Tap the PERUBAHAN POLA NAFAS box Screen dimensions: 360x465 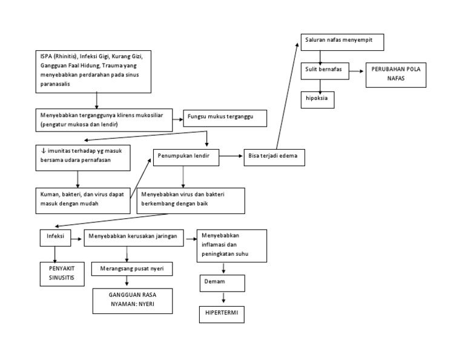pos(396,75)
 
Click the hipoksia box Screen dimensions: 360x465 pos(318,99)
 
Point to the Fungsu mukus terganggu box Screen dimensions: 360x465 pos(225,118)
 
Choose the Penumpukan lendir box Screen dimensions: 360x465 pos(186,157)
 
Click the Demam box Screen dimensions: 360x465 pos(222,283)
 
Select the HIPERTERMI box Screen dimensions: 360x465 pos(222,314)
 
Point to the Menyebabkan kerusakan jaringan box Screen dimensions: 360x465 pos(134,238)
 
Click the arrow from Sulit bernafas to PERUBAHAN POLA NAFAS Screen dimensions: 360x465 pos(354,70)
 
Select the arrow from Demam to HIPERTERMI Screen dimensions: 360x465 pos(224,298)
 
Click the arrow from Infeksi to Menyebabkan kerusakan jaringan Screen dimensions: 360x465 pos(77,239)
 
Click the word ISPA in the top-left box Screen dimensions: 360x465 pos(47,57)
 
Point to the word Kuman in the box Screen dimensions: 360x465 pos(50,195)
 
